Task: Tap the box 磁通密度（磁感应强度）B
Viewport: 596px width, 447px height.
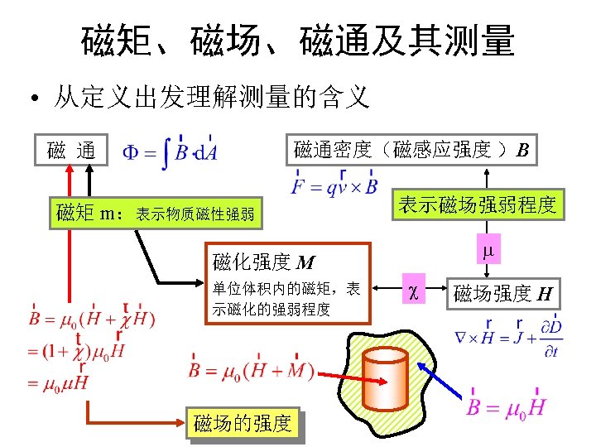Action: pyautogui.click(x=411, y=151)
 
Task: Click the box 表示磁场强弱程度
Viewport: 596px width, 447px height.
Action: pyautogui.click(x=477, y=205)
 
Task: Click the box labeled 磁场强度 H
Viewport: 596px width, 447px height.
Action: pyautogui.click(x=502, y=292)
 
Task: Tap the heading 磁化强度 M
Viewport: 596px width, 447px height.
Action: pyautogui.click(x=263, y=263)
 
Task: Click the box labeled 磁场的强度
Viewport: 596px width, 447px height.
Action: pyautogui.click(x=242, y=424)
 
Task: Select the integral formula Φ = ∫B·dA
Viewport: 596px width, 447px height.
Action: pyautogui.click(x=171, y=152)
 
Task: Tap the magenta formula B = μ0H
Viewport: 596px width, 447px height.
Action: pyautogui.click(x=506, y=405)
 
